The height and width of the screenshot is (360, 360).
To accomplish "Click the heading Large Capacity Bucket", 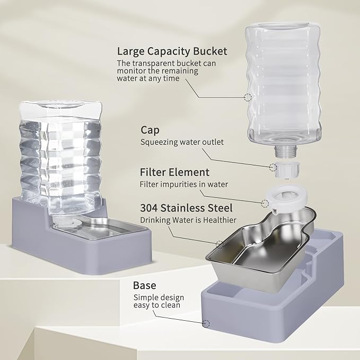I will [172, 51].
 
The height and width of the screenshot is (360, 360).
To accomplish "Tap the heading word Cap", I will [150, 130].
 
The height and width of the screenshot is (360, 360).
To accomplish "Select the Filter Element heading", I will [174, 172].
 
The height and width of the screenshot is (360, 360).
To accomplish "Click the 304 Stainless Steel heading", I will [186, 208].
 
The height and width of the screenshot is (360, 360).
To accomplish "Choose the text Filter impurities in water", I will [183, 185].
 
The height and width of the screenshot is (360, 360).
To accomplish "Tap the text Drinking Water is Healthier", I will [188, 220].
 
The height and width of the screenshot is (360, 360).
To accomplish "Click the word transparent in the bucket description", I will [154, 63].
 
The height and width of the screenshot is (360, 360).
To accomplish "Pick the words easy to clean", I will [157, 305].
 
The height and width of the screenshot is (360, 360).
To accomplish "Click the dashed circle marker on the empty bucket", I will [248, 98].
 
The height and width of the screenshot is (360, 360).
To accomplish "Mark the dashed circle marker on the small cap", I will [273, 168].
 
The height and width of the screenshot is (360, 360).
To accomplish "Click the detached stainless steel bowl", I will [249, 254].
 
